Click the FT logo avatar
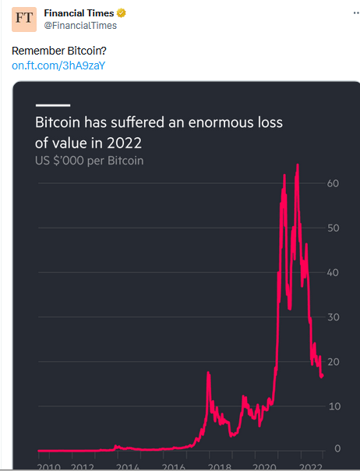(24, 19)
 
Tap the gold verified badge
(121, 13)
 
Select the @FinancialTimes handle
(80, 26)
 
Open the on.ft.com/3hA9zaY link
(58, 66)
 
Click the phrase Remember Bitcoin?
(59, 51)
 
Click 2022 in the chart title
(125, 143)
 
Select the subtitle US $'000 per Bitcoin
(89, 161)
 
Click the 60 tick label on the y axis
(333, 183)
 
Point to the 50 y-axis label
(334, 228)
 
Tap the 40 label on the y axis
(333, 272)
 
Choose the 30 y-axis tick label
(334, 317)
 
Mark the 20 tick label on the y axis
(334, 362)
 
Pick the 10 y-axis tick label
(334, 406)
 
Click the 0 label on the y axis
(337, 448)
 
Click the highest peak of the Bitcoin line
(298, 165)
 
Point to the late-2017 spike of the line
(208, 373)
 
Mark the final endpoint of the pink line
(322, 376)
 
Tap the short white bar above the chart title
(53, 105)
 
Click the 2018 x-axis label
(220, 467)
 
